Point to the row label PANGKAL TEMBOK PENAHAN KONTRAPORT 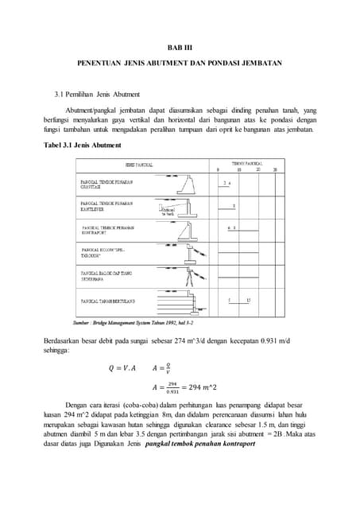pos(107,231)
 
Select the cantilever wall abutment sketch pos(184,209)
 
